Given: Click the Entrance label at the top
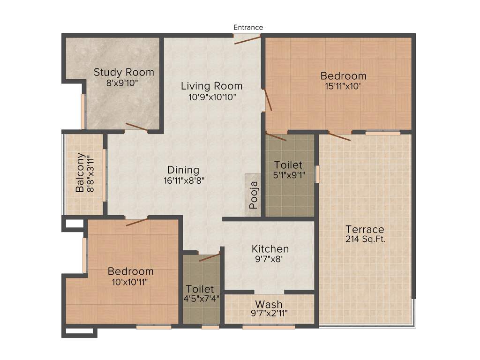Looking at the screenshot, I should point(248,27).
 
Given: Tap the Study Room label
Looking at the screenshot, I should point(124,72).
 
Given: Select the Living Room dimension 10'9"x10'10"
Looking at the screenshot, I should point(211,97).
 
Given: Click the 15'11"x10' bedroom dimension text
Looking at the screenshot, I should point(343,87).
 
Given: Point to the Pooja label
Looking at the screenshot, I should point(253,195).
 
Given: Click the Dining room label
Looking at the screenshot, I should point(183,170).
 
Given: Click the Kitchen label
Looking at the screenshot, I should point(270,248).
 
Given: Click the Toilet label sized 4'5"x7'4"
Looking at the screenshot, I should point(200,289).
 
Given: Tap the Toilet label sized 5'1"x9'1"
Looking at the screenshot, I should point(288,165).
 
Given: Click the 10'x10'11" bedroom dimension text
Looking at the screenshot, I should point(130,282).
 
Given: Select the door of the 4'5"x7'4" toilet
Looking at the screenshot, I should point(209,257).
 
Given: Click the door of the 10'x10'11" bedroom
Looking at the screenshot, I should point(137,221).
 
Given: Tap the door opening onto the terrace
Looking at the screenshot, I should point(339,136).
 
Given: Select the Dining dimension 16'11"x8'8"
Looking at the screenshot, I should point(183,180).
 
